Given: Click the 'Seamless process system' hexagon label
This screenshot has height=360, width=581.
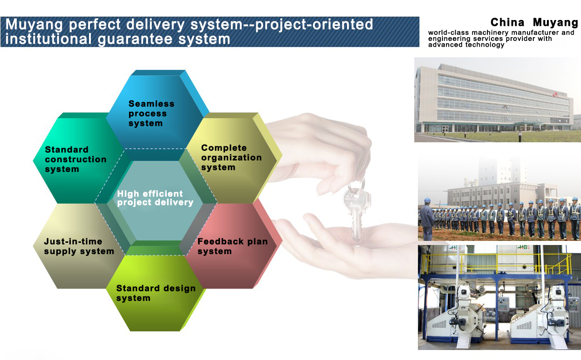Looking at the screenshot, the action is (x=151, y=114).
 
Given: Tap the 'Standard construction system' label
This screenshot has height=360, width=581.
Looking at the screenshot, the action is (x=75, y=159).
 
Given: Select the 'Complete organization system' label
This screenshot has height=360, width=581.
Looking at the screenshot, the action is (x=231, y=157).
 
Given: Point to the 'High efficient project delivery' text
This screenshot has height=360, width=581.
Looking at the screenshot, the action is (x=155, y=198).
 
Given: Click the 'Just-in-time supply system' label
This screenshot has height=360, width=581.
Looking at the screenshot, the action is (x=79, y=246).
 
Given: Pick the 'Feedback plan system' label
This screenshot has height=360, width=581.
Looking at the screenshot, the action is (x=233, y=246).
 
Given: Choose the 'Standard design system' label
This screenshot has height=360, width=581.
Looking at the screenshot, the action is (x=156, y=293).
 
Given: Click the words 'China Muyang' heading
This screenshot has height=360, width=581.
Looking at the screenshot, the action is (x=534, y=22).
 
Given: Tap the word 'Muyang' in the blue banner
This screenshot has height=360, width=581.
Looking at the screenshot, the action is (x=34, y=25).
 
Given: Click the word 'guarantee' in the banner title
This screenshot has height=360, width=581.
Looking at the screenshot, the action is (x=135, y=39).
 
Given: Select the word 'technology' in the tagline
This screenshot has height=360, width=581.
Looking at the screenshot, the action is (x=485, y=45).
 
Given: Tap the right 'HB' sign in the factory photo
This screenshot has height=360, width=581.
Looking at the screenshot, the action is (x=523, y=247).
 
